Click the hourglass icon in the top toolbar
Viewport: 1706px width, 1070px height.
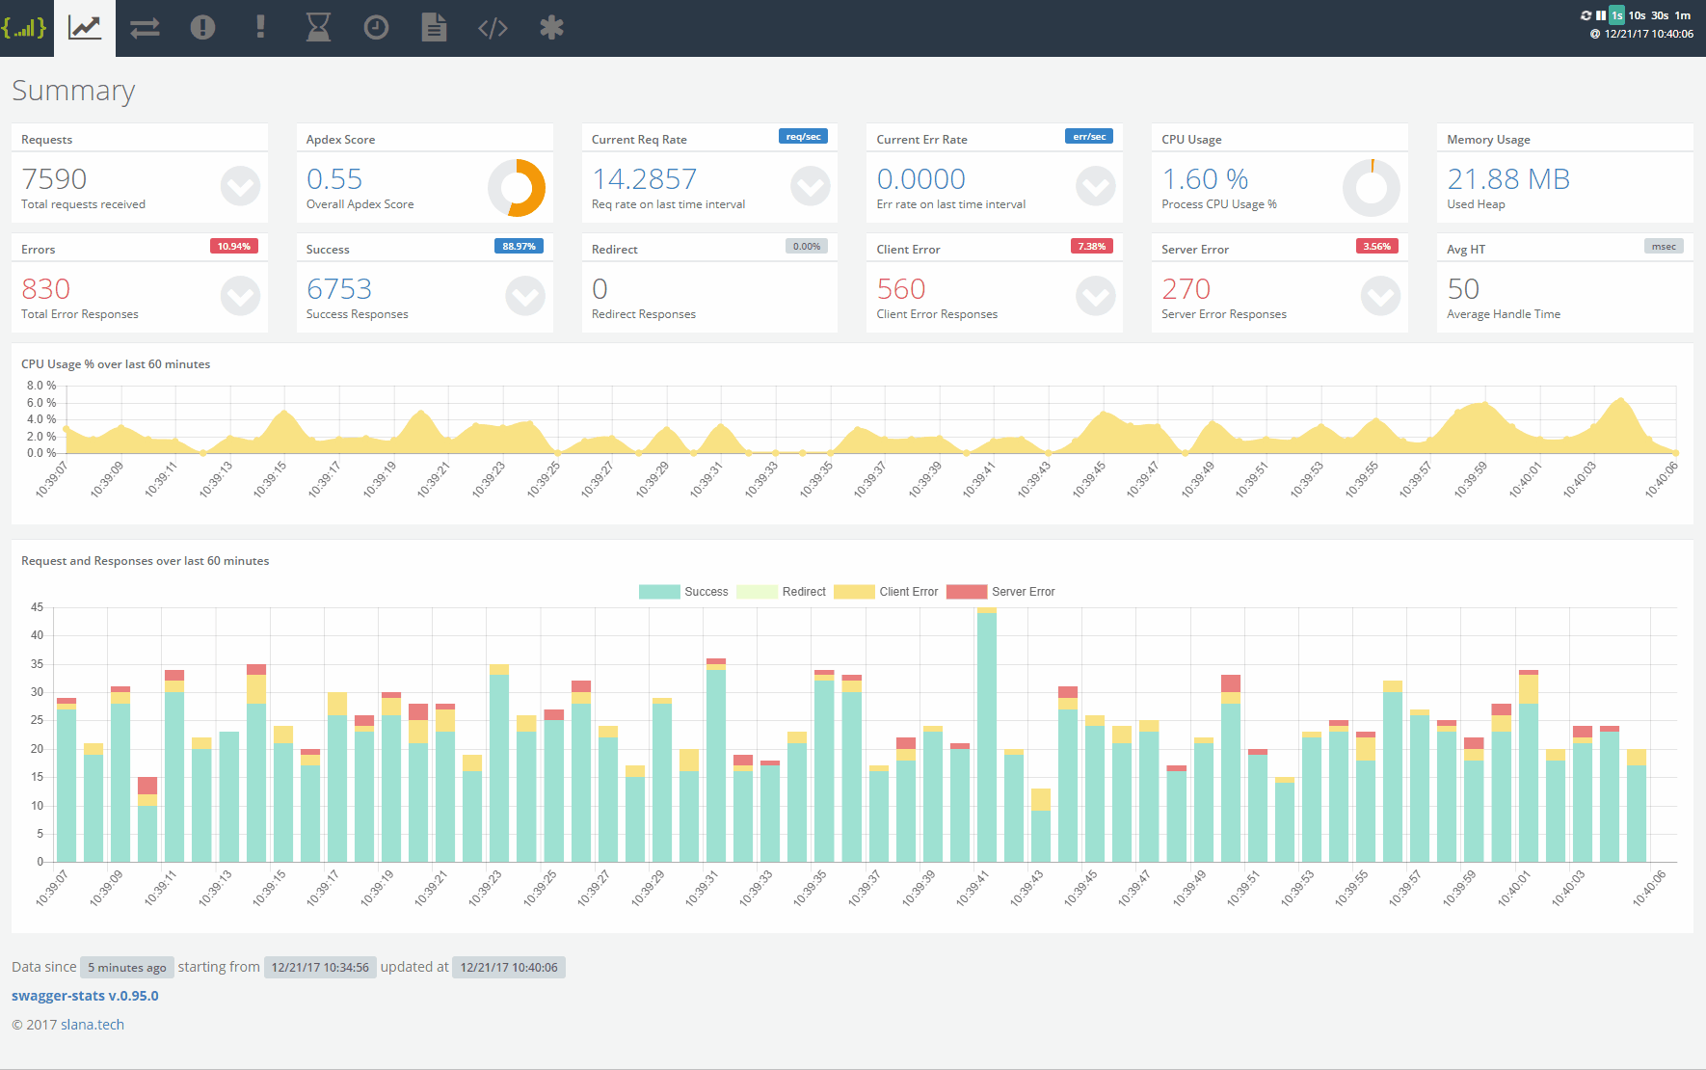(318, 28)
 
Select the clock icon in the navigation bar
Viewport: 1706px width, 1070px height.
(376, 28)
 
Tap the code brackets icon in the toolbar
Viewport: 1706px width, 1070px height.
(493, 28)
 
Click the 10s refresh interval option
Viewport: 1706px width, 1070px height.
(1637, 15)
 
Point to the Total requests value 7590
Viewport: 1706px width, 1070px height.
(54, 179)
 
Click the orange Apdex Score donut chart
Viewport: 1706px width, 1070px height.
(517, 188)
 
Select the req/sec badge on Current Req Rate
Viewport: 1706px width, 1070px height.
(803, 137)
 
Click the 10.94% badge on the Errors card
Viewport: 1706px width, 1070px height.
(233, 247)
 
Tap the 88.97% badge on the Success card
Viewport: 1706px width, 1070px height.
(519, 247)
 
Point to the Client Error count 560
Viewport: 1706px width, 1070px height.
(901, 289)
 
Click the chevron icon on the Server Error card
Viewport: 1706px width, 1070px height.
(1380, 296)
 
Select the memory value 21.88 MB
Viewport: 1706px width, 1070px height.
(1508, 179)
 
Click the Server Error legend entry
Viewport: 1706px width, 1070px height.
(1001, 592)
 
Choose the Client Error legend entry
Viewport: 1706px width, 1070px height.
(887, 592)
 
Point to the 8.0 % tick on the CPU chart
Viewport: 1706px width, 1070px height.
(40, 386)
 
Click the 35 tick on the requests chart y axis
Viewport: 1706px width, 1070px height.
(37, 664)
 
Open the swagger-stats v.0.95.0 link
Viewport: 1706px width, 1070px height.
(85, 996)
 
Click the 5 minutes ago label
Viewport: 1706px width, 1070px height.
(126, 968)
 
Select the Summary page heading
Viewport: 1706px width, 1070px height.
(73, 91)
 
